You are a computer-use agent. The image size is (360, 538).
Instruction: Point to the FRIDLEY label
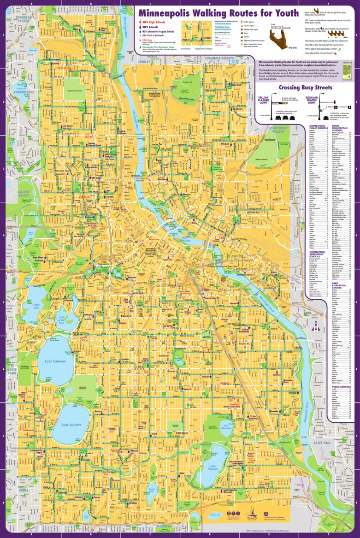[144, 61]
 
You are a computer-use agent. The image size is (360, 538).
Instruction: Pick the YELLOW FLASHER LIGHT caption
[263, 100]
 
